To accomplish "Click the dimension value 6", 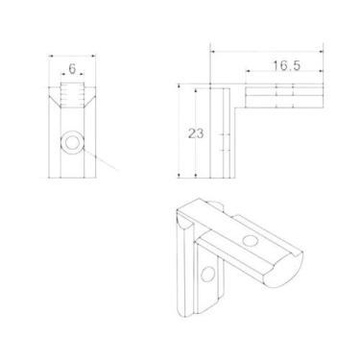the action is [72, 68].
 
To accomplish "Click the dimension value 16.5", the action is [286, 65].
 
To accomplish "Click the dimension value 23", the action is [196, 133].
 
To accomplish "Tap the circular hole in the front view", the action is [72, 142].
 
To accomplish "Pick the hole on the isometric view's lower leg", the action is [207, 274].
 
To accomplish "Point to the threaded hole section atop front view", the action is [72, 95].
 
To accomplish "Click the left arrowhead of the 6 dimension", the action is [62, 74].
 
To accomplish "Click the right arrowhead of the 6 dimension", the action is [83, 74].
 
